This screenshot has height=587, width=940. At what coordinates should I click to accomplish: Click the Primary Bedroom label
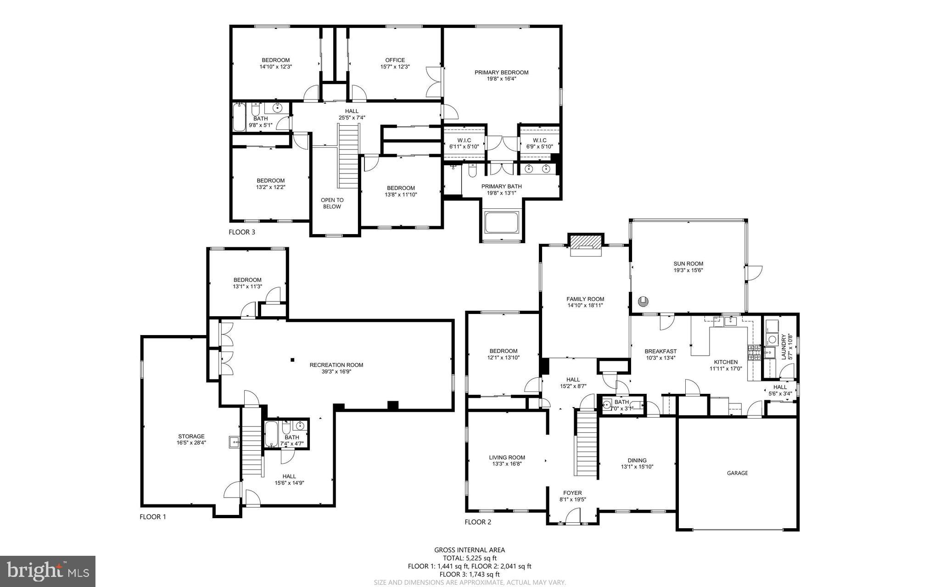tap(501, 73)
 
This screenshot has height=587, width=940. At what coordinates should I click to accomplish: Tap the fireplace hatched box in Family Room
tap(585, 241)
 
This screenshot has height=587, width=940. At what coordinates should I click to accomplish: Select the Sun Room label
tap(688, 263)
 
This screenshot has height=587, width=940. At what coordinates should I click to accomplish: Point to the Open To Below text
tap(332, 203)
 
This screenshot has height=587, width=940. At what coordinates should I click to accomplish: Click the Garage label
tap(737, 473)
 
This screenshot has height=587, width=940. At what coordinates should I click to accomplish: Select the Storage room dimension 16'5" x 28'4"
tap(191, 443)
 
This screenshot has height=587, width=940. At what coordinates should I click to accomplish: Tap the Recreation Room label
tap(336, 365)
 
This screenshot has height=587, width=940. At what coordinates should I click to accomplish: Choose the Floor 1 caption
tap(152, 517)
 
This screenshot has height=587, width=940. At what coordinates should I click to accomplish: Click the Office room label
tap(395, 60)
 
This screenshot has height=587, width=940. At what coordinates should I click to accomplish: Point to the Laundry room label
tap(784, 346)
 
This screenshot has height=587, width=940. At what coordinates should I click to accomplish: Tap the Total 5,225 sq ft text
tap(469, 558)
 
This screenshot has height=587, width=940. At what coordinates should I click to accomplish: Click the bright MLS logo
tap(48, 571)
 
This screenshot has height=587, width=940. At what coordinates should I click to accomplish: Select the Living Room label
tap(507, 457)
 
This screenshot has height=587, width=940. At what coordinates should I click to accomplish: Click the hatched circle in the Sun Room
tap(643, 302)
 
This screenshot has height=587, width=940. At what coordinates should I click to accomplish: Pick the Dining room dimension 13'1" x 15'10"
tap(637, 467)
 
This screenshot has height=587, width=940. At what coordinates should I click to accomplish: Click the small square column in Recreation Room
tap(292, 360)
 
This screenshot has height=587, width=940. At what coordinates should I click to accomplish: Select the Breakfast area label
tap(660, 352)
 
